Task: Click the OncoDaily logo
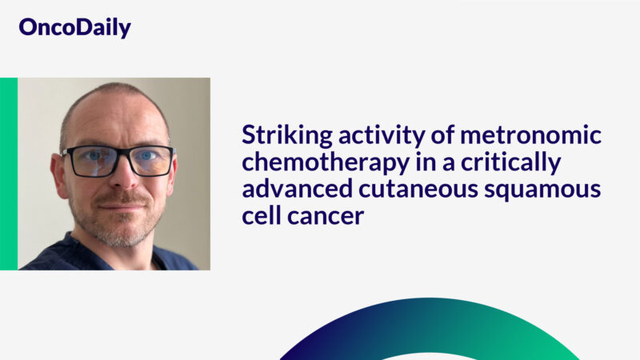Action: [x=74, y=28]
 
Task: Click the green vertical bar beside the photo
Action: [x=8, y=174]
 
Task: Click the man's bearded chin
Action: [x=118, y=232]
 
